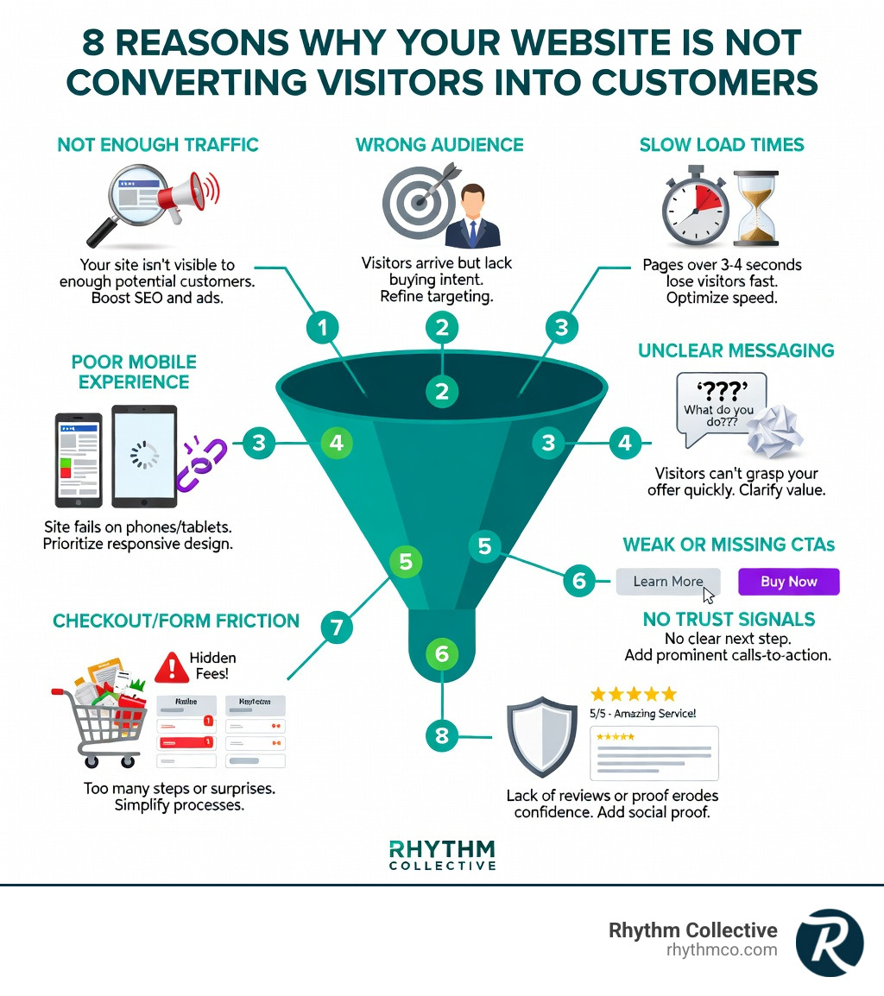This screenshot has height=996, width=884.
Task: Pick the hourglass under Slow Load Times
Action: [755, 207]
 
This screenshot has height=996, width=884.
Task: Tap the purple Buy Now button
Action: [789, 581]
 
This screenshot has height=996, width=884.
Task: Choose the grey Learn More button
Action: [667, 581]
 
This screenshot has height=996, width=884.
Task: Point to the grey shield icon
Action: [541, 736]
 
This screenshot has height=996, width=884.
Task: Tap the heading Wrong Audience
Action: [439, 144]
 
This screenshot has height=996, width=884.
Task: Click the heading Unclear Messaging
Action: [736, 350]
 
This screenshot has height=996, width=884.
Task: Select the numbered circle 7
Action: [337, 627]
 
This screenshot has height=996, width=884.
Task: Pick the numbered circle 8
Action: [442, 735]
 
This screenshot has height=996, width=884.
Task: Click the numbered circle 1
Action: [323, 328]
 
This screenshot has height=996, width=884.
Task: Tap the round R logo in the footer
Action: [829, 942]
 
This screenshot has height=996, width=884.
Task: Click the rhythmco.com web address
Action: [722, 950]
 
